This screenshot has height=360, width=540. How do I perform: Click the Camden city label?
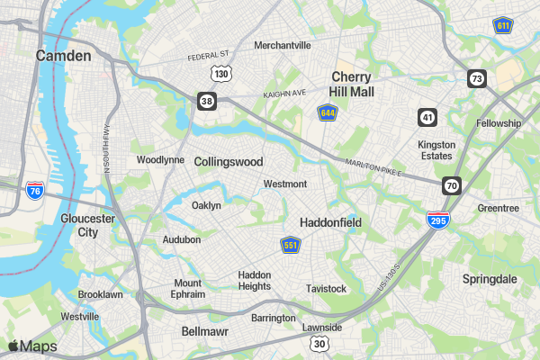coord(63,56)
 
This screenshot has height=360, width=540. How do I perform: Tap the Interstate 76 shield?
coord(34,190)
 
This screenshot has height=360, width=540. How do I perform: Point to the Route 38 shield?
coord(207,101)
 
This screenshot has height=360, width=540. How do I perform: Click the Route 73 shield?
coord(476,78)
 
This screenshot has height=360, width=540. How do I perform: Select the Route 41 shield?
coord(427,117)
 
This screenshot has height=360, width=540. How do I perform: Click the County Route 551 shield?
coord(290,245)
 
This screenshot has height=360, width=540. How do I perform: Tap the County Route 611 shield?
coord(503,25)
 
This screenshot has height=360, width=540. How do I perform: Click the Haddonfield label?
coord(330,221)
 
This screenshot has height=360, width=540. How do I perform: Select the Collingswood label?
coord(229,162)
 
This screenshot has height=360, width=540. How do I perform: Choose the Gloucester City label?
coord(87,225)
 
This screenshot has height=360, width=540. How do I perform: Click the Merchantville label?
coord(282,45)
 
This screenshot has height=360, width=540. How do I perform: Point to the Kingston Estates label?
coord(436,149)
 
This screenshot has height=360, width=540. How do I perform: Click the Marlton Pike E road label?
coord(373,166)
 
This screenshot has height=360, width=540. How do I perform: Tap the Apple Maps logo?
coord(32,346)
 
